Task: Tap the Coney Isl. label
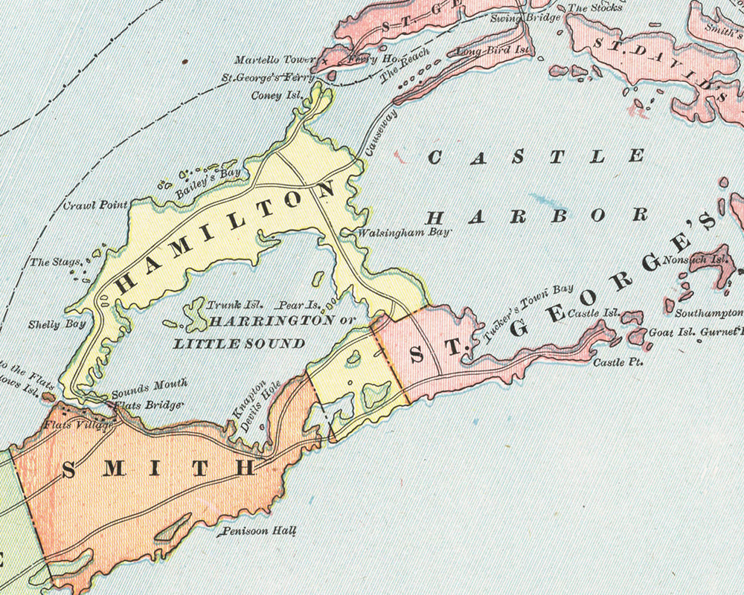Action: coord(277,96)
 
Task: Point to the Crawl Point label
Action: coord(90,205)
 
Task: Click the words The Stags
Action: coord(51,262)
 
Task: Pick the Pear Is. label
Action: coord(298,305)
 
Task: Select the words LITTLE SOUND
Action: coord(239,344)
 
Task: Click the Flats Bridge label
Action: coord(154,405)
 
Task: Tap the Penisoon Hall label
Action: coord(260,532)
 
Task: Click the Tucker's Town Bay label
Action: coord(530,312)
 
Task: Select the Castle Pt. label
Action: coord(617,363)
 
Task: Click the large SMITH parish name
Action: coord(158,469)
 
